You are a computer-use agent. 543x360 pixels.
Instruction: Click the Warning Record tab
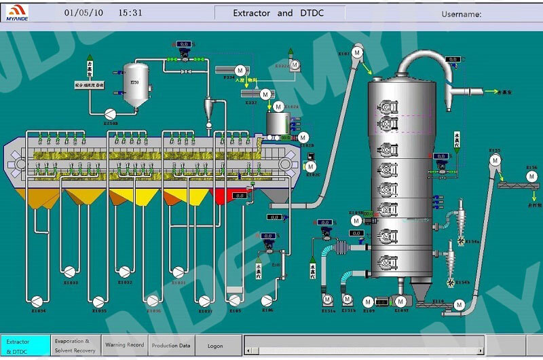point(124,345)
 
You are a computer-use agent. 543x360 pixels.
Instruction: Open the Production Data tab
point(171,345)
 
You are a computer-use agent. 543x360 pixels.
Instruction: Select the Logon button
point(215,346)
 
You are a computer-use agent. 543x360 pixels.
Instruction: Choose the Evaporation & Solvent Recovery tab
point(75,345)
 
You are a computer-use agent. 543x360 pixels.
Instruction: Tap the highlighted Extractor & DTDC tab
point(25,345)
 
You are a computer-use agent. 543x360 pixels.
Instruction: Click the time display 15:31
point(130,13)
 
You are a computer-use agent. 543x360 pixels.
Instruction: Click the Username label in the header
point(461,14)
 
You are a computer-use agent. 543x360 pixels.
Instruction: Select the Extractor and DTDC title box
point(279,13)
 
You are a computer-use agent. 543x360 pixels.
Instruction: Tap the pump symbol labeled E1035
point(99,300)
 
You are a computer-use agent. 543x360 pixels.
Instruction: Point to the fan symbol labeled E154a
point(461,240)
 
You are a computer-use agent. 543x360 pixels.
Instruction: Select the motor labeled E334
point(240,70)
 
